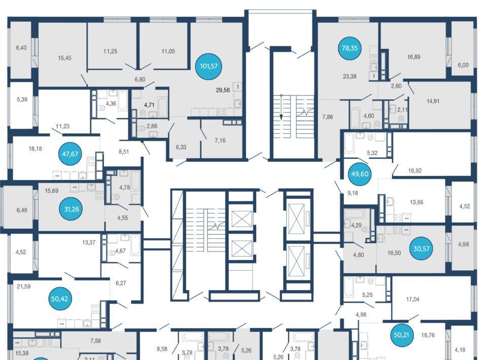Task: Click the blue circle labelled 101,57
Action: coord(208,66)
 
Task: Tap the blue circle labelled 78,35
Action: coord(350,48)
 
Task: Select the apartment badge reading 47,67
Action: coord(70,154)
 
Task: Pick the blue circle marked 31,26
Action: coord(72,209)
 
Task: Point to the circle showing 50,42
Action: coord(59,299)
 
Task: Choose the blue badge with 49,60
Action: coord(360,174)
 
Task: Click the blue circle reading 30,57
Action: coord(421,248)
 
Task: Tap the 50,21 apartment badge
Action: coord(401,335)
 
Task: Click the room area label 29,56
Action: coord(223,90)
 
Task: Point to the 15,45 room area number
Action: coord(64,58)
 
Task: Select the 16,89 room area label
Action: coord(414,57)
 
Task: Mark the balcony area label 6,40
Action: coord(21,48)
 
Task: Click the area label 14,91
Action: coord(433,101)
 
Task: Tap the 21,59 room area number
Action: coord(24,286)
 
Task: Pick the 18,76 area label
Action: coord(428,335)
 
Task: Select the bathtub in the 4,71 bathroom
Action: coord(163,106)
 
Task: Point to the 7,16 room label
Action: coord(220,140)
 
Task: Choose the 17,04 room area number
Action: coord(413,299)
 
